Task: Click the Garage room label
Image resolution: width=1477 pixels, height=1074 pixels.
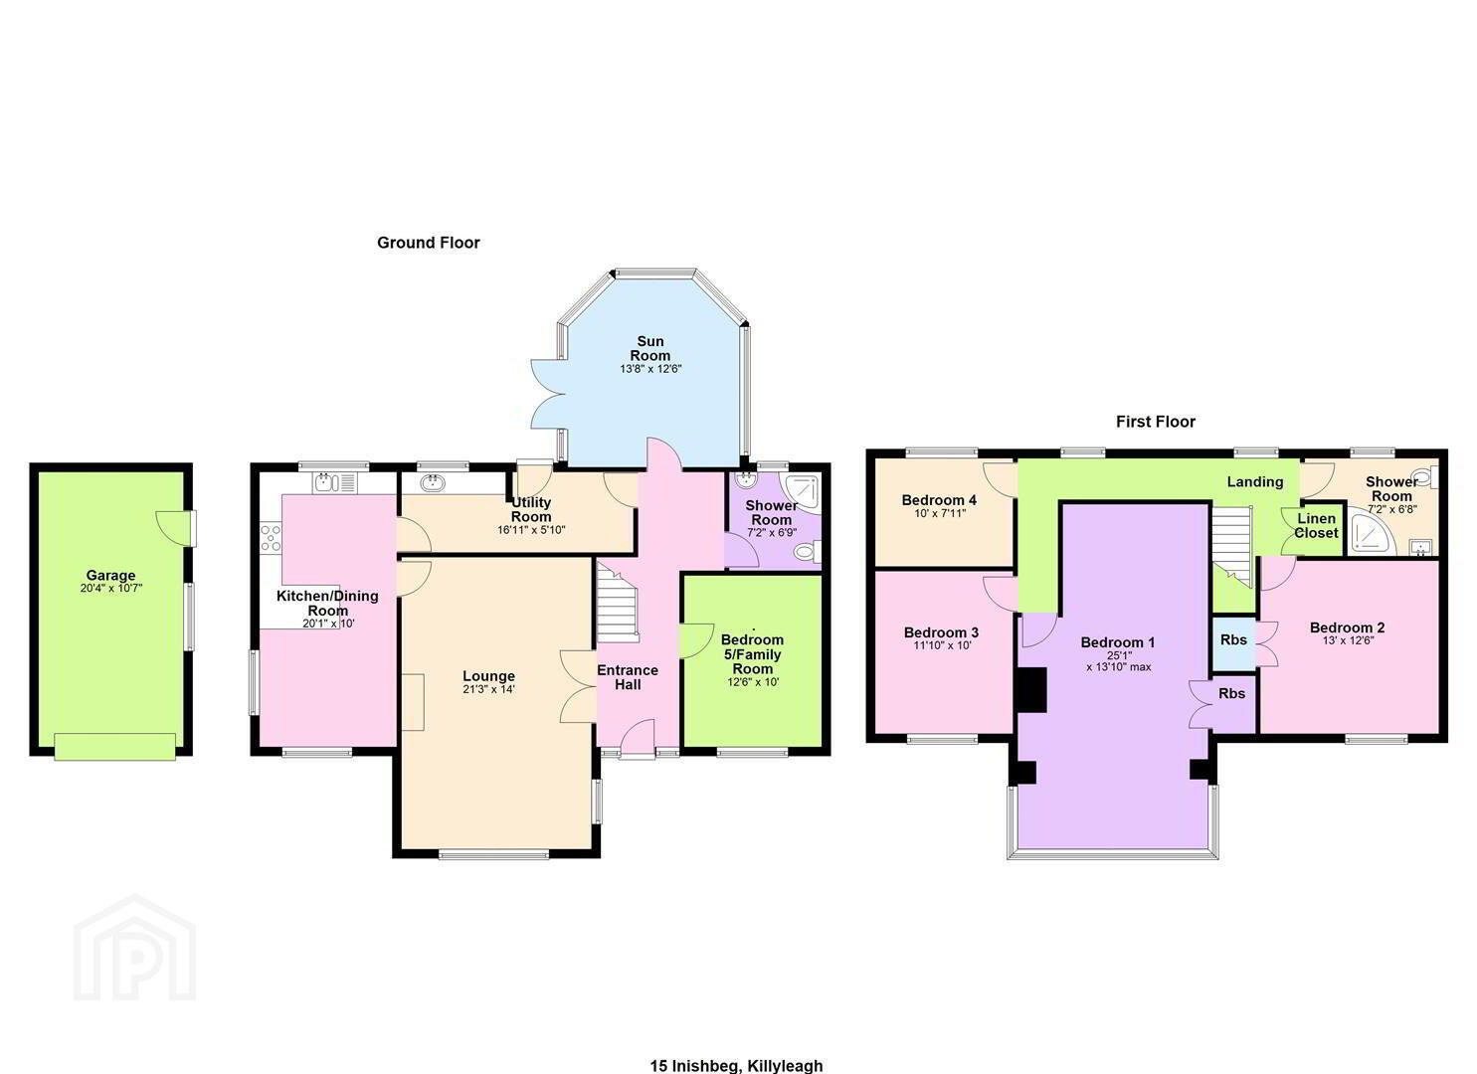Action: point(110,575)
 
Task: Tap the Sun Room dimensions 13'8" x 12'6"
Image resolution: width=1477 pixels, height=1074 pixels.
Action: point(650,369)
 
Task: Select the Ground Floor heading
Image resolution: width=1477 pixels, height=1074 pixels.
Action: point(429,243)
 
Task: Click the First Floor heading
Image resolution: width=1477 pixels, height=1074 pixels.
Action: point(1155,422)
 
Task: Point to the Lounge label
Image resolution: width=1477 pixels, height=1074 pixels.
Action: point(488,676)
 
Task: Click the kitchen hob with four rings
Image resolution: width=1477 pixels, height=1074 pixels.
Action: point(271,537)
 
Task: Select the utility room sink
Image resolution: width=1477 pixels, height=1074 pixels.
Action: point(432,482)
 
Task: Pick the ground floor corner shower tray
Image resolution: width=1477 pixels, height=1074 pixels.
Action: point(800,491)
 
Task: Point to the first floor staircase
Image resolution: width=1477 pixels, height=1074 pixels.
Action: point(1231,545)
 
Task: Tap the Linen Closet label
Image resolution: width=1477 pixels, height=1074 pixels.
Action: point(1316,525)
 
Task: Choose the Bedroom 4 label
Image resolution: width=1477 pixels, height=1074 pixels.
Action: point(939,500)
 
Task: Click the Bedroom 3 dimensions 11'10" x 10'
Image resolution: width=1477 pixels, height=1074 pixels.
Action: point(942,645)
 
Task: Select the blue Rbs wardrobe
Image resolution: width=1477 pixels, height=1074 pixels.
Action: point(1233,641)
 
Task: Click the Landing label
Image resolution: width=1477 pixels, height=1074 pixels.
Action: point(1255,482)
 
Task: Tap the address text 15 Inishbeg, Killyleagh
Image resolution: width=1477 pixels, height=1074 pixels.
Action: point(737,1065)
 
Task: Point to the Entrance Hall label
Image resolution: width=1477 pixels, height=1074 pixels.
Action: point(628,677)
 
